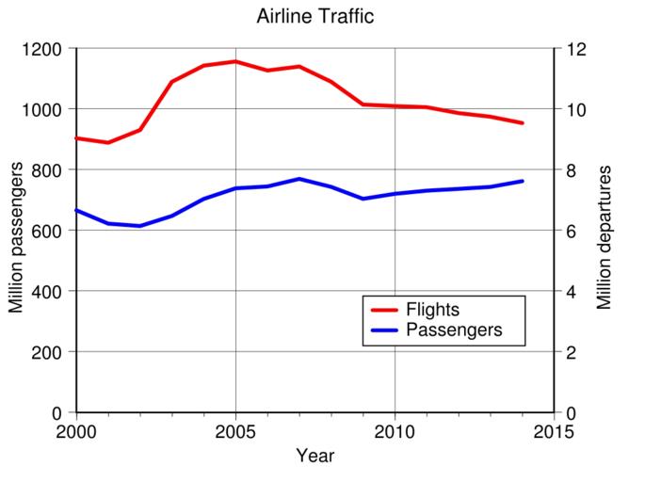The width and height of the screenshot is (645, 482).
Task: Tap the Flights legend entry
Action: [432, 310]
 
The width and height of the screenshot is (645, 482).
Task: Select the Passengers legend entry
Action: [453, 330]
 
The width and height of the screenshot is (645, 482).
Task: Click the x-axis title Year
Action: [314, 457]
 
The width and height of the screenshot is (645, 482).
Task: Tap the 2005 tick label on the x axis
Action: [235, 432]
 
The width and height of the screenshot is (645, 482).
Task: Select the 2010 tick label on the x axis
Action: [395, 432]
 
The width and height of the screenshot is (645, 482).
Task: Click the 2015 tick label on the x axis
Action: [553, 432]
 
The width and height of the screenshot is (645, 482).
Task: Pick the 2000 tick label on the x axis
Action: [76, 432]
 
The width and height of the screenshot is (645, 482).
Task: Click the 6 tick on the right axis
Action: [570, 232]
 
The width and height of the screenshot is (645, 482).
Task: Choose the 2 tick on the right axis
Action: [570, 353]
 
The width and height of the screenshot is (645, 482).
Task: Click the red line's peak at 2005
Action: [235, 62]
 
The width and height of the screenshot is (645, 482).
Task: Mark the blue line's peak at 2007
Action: [298, 179]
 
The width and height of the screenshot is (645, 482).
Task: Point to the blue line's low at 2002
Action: [140, 226]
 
